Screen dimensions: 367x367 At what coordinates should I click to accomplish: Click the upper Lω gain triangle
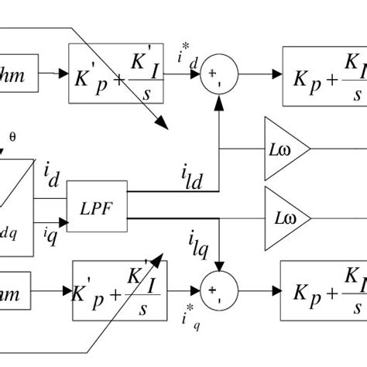tap(284, 147)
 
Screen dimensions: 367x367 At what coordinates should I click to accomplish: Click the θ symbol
tap(11, 137)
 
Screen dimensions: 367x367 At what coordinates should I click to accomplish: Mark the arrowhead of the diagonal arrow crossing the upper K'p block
tap(163, 125)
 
